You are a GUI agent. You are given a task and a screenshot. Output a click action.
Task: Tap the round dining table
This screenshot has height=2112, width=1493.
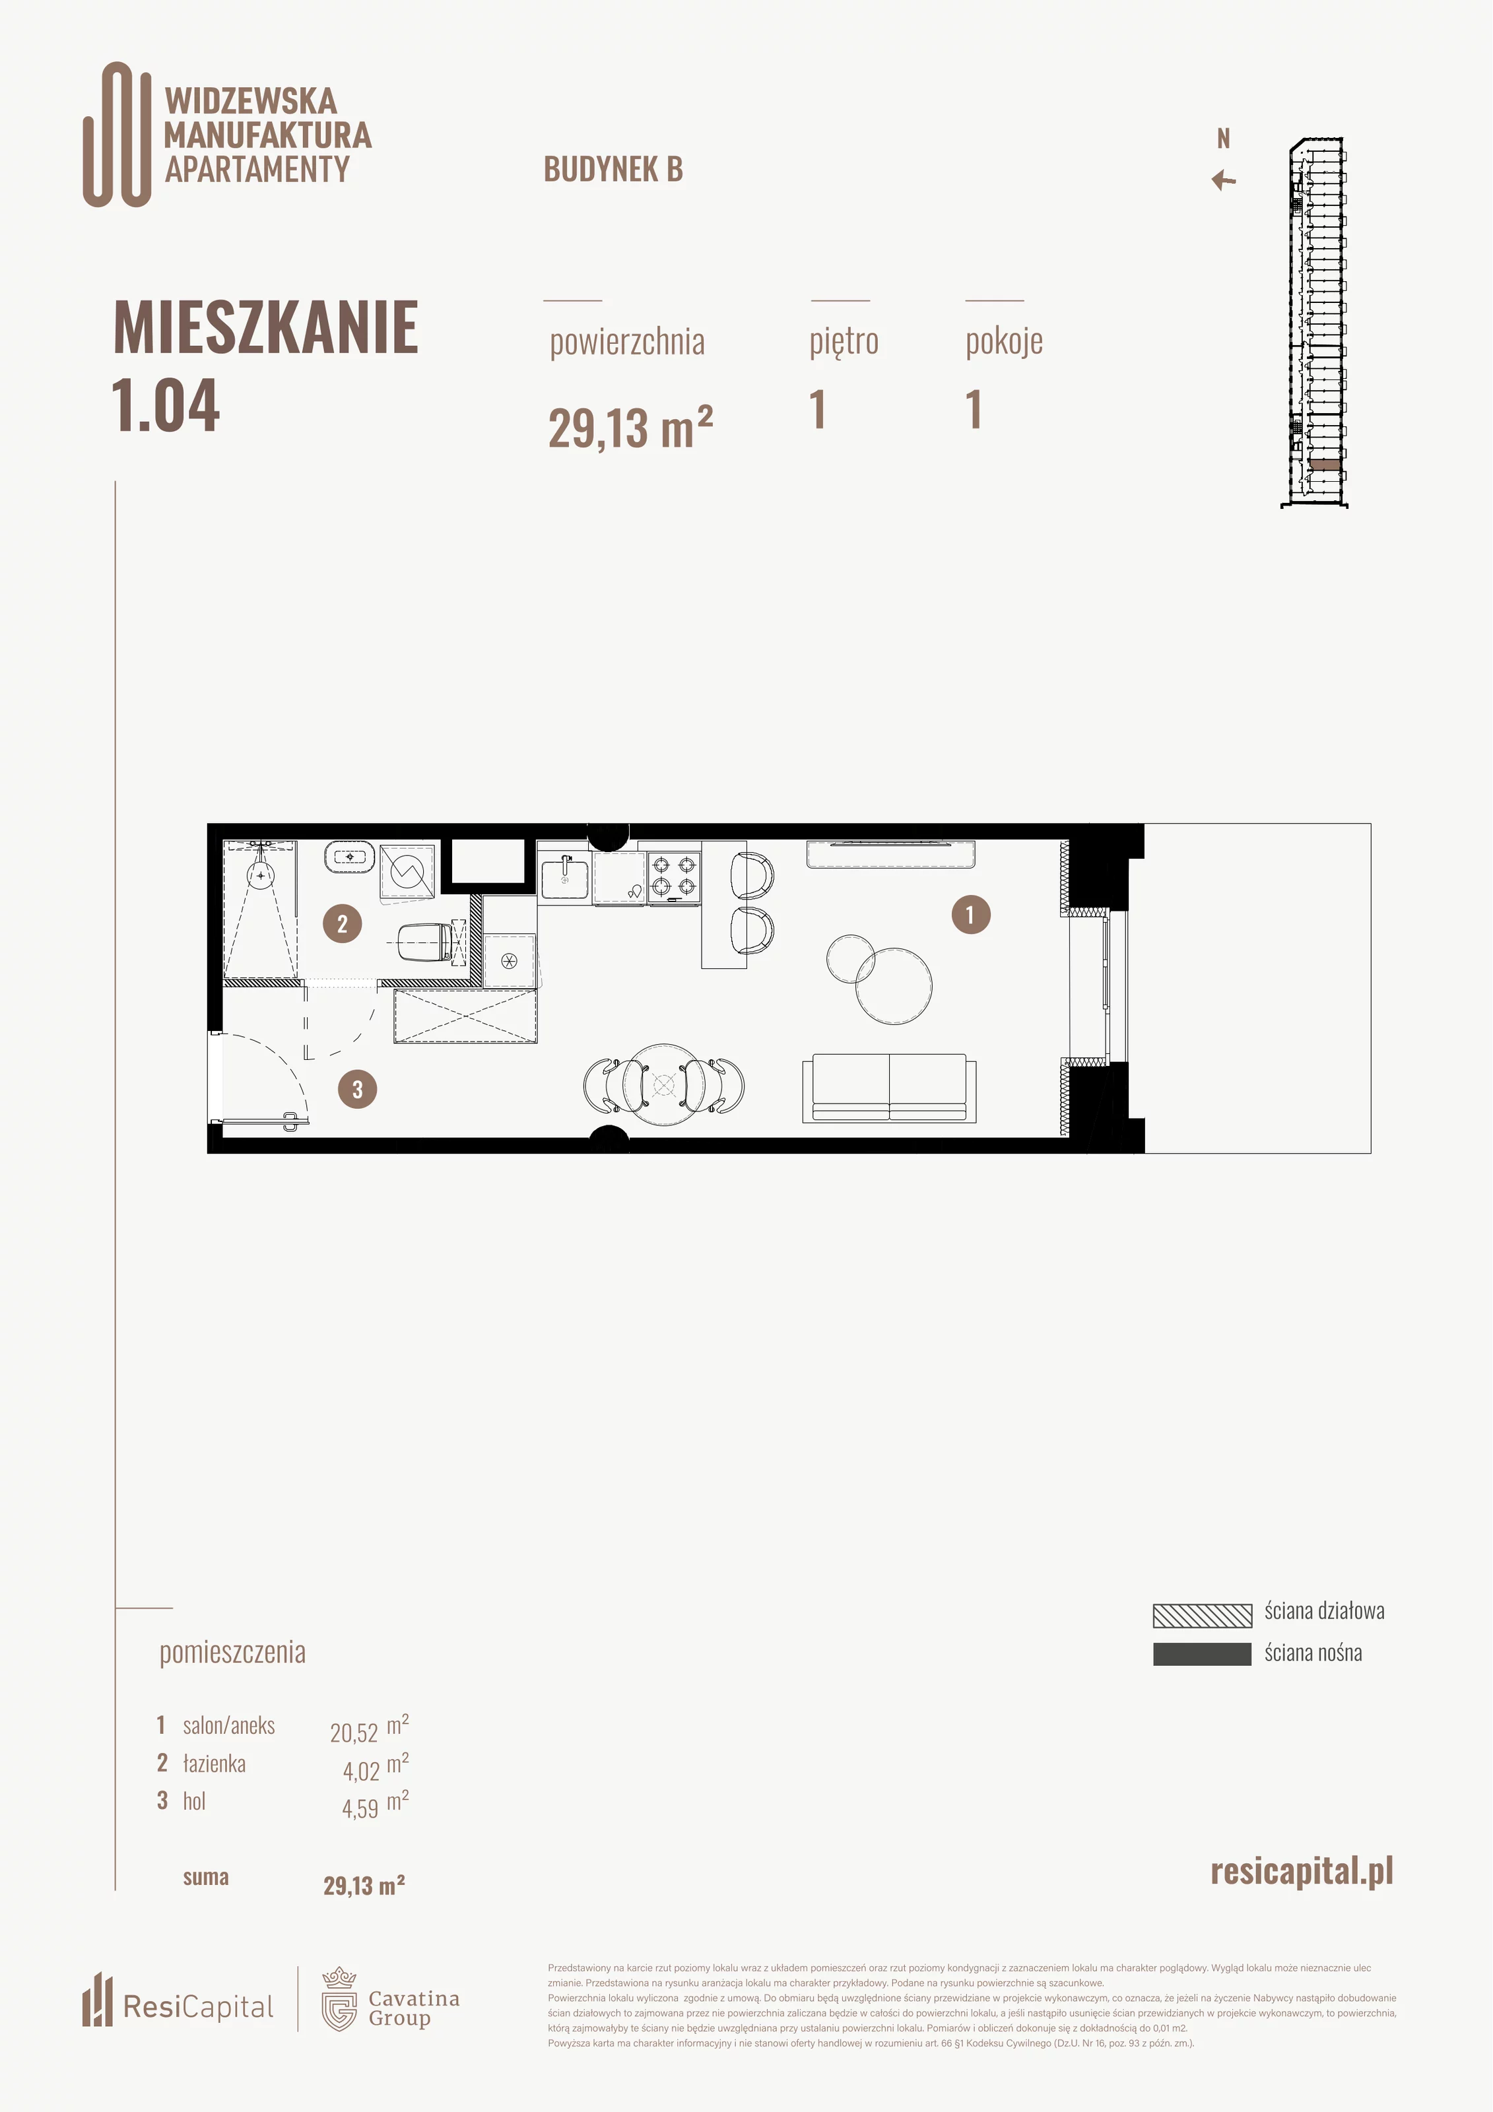point(664,1084)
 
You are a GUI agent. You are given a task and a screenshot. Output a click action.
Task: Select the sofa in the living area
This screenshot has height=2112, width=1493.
point(888,1088)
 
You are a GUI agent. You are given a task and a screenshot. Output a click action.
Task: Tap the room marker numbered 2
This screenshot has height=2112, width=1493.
point(342,923)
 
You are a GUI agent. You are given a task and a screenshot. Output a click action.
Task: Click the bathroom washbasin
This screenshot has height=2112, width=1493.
point(350,857)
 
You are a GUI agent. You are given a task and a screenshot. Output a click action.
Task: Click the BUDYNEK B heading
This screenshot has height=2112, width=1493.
point(614,169)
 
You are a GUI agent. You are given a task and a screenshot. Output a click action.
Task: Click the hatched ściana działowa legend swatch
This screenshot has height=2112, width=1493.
point(1203,1615)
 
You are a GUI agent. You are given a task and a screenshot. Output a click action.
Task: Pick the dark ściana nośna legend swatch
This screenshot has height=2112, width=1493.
point(1203,1654)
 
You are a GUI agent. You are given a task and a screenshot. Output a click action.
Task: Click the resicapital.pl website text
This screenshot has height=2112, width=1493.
point(1302,1872)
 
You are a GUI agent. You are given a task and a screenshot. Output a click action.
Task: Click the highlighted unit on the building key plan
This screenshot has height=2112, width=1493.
point(1325,465)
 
